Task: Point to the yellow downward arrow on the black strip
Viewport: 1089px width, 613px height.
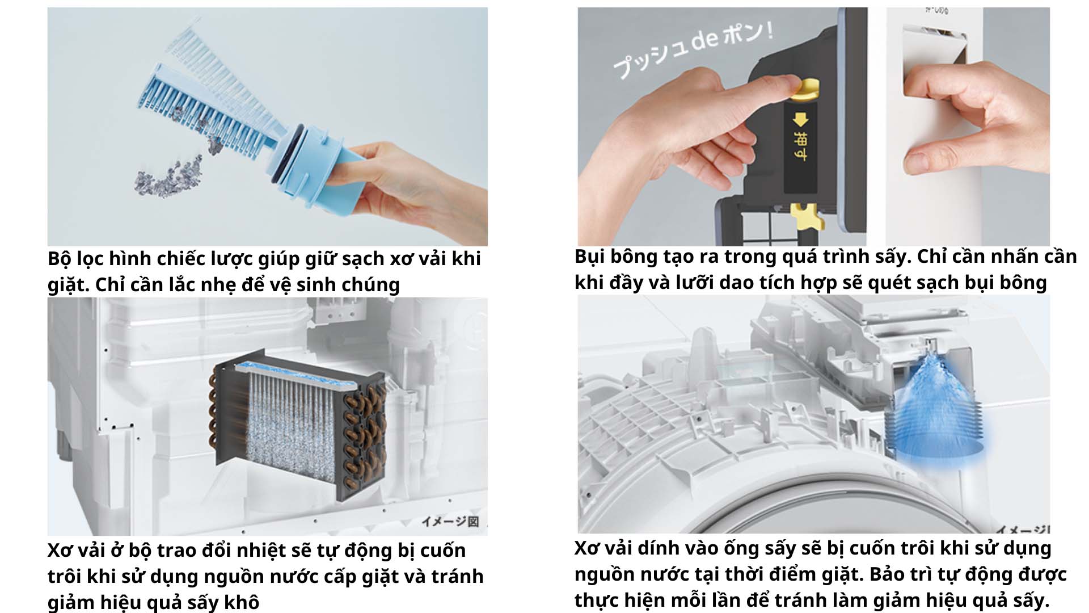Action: point(800,120)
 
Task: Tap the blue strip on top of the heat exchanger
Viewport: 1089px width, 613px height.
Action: point(295,375)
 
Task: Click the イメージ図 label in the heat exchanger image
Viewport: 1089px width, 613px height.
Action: point(450,521)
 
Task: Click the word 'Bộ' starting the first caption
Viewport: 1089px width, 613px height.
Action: point(59,259)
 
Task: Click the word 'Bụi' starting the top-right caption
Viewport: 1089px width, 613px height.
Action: point(589,257)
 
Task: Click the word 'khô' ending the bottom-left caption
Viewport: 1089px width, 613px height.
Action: point(243,602)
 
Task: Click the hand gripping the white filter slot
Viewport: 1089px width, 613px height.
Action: point(964,114)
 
